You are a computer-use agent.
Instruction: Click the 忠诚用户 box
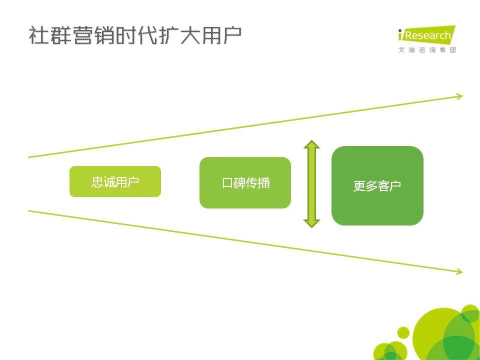[115, 181]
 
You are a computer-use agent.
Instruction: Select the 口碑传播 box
[245, 183]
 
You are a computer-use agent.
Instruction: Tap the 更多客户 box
[377, 186]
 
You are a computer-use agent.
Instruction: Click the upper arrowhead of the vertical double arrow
[311, 144]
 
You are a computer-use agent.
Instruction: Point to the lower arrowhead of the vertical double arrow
[311, 223]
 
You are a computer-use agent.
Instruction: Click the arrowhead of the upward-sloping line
[460, 96]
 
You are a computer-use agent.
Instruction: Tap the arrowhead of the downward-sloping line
[460, 271]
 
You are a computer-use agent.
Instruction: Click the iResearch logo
[426, 34]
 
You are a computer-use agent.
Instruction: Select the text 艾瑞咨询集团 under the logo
[427, 50]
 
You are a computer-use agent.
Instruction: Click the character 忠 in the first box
[97, 182]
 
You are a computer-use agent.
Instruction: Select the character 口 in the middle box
[227, 183]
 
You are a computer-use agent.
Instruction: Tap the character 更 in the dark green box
[359, 186]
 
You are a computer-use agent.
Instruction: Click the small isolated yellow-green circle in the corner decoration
[403, 332]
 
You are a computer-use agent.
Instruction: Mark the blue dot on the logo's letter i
[400, 30]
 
